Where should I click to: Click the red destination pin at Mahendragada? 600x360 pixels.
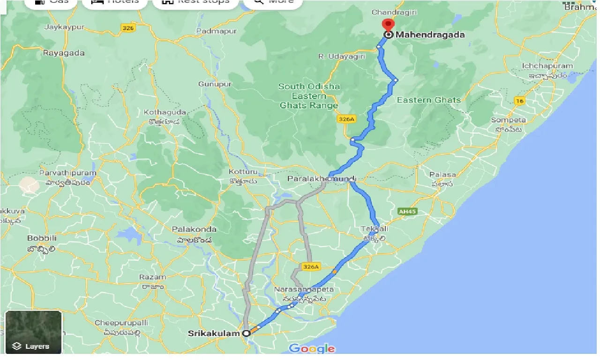(x=388, y=25)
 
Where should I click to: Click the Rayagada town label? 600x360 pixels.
(x=64, y=53)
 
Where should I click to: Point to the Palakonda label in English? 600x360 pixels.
(x=194, y=229)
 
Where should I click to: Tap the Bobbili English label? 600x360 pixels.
(x=42, y=238)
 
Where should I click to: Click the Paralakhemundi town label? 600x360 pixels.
(x=322, y=179)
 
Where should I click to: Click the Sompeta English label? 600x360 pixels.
(x=509, y=120)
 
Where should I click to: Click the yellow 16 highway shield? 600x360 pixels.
(x=519, y=101)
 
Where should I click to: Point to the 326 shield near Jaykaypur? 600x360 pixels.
(x=127, y=29)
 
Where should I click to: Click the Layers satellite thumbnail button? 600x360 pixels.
(x=33, y=332)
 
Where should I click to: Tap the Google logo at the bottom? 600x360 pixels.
(x=312, y=349)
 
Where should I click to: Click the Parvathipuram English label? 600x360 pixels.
(x=67, y=173)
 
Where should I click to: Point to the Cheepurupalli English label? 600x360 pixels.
(x=121, y=323)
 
